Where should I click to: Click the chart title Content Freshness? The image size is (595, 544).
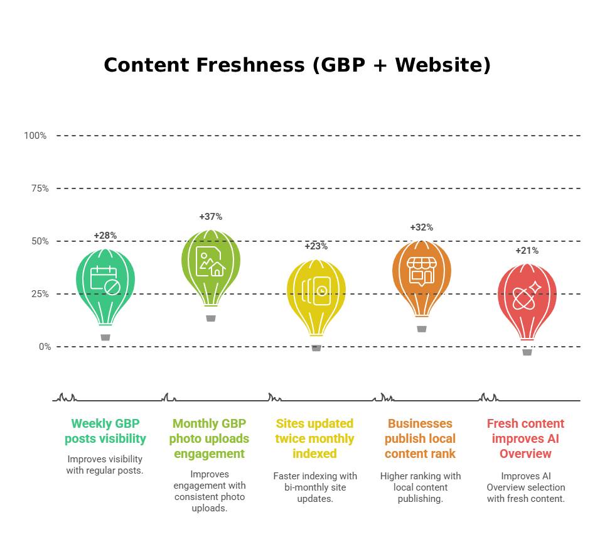click(297, 65)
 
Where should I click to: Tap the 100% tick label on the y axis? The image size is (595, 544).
click(35, 136)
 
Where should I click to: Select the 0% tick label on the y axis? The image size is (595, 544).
click(45, 347)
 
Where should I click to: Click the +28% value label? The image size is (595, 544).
click(105, 236)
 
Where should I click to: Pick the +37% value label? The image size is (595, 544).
click(211, 217)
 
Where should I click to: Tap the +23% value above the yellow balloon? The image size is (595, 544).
click(316, 246)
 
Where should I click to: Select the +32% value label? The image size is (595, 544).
click(422, 227)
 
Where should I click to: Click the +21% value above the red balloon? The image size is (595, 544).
click(527, 251)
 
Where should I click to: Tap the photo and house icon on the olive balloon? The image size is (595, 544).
click(210, 261)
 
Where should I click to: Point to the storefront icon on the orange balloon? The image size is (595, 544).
click(421, 271)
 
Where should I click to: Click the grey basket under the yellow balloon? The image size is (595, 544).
click(316, 348)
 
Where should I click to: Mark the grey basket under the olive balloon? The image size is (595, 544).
click(211, 318)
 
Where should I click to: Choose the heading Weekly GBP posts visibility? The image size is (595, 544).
click(105, 431)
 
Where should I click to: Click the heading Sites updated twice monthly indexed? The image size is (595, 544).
click(315, 438)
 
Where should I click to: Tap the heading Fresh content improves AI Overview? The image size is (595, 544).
click(526, 438)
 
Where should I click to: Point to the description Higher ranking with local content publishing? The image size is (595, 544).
click(421, 487)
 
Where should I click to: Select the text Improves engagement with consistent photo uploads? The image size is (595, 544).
click(210, 491)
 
